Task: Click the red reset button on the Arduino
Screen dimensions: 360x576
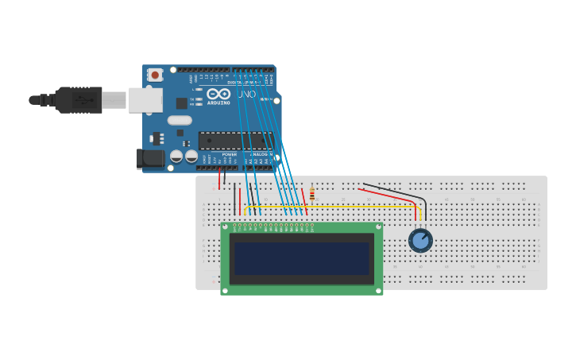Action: coord(155,75)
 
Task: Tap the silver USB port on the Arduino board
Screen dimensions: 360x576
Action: coord(145,99)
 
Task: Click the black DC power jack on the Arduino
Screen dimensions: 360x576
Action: coord(149,158)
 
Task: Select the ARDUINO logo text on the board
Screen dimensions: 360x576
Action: coord(218,102)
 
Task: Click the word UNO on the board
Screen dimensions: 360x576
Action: coord(247,95)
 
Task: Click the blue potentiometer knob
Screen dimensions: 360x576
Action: coord(420,240)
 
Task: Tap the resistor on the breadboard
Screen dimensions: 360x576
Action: coord(311,194)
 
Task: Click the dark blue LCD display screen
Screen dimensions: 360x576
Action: coord(301,258)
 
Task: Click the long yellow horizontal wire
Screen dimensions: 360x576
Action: coord(334,207)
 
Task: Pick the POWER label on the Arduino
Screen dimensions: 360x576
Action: coord(229,154)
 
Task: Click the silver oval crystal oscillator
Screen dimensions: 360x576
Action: coord(180,120)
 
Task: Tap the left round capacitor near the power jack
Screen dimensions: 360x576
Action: coord(176,157)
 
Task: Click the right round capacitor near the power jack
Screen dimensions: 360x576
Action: coord(191,157)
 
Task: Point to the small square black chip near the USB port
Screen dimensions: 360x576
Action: coord(181,103)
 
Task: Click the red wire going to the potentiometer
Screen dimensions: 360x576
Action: coord(389,195)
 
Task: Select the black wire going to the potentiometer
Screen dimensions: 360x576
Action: coord(397,190)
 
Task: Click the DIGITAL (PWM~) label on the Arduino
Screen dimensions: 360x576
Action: coord(242,82)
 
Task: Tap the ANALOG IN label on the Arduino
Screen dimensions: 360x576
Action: coord(261,154)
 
